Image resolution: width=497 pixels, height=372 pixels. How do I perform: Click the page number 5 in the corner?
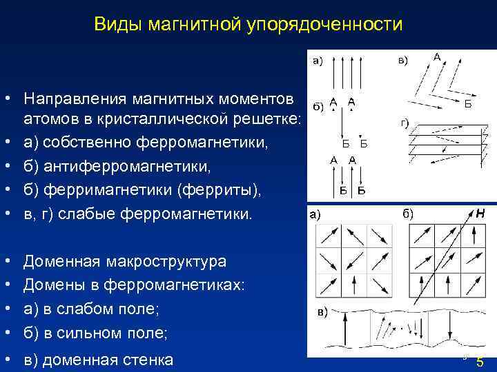[x=480, y=362]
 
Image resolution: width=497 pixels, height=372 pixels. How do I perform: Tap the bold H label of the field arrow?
[x=479, y=214]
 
